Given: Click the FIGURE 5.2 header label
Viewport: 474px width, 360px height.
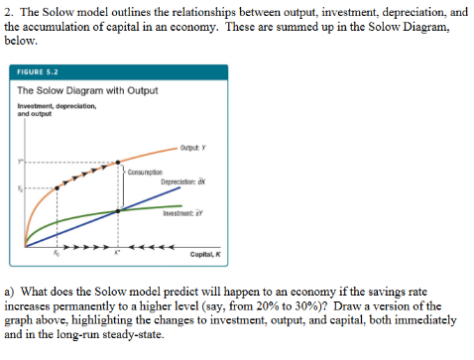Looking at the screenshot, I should point(37,72).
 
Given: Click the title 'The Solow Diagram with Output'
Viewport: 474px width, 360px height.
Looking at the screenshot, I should point(88,91).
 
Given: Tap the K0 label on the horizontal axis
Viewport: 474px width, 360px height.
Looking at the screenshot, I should point(57,254).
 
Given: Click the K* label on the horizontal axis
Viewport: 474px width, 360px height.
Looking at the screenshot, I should point(120,254).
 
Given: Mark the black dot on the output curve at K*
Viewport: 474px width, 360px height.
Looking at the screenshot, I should point(121,161).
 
